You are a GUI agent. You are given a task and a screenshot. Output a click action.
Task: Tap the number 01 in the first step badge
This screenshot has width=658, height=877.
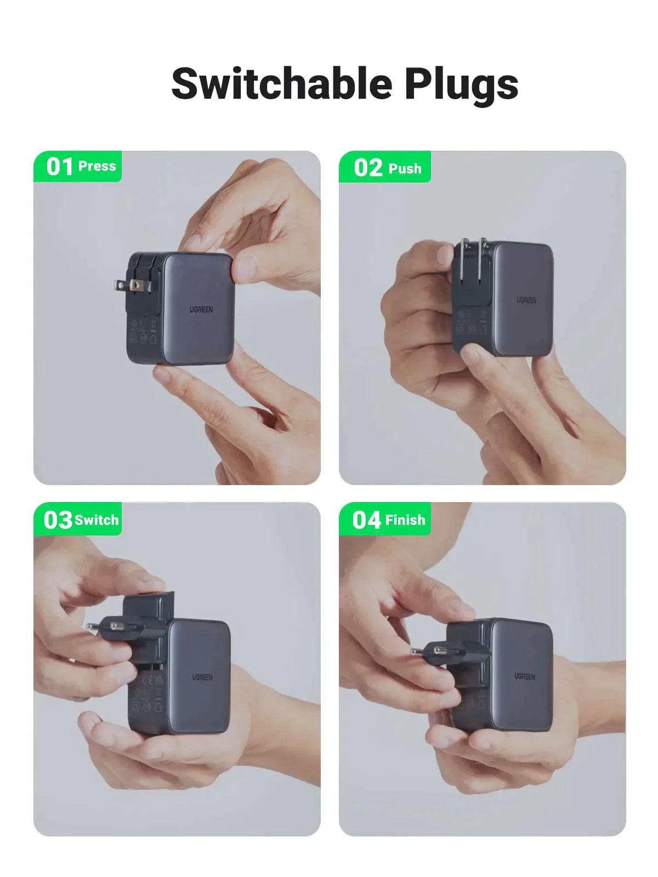point(60,166)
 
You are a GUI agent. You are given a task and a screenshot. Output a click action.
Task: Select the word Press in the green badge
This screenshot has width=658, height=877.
point(97,166)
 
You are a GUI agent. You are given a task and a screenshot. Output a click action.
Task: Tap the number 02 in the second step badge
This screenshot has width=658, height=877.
point(367,168)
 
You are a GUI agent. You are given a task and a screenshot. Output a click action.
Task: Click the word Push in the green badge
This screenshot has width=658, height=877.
point(405,168)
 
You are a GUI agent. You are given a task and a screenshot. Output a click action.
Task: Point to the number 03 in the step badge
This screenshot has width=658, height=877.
point(58,520)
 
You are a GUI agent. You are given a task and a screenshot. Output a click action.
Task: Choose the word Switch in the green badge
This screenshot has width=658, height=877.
point(97,520)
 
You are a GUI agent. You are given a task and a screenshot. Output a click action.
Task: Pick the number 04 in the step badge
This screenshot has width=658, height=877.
point(366,520)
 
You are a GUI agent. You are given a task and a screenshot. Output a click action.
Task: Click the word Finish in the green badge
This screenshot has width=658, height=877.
point(405,520)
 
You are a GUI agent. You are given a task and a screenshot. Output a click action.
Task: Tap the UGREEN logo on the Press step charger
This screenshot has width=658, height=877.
point(201,310)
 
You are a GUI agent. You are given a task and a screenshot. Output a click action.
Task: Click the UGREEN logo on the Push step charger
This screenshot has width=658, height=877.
point(526,300)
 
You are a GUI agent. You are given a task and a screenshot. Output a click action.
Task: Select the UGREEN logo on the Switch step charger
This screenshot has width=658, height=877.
point(202,677)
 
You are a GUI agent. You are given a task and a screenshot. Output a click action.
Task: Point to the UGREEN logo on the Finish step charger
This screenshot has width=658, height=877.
point(525,677)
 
